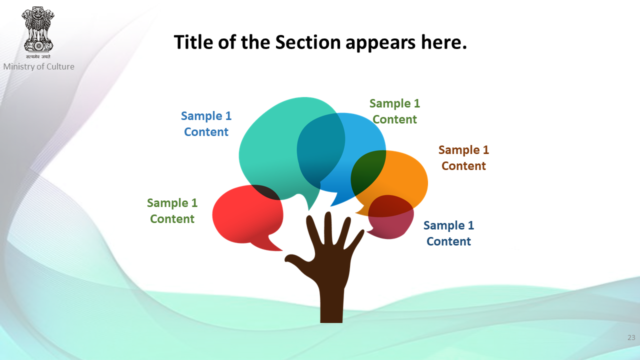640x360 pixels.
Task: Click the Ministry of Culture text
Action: (x=39, y=66)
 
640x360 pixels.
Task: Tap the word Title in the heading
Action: (x=193, y=42)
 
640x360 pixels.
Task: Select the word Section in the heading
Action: (x=308, y=42)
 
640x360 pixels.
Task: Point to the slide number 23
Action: (x=631, y=337)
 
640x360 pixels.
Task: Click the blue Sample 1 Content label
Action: (x=206, y=123)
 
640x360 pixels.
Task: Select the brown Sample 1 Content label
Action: (x=463, y=157)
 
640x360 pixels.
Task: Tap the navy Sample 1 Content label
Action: (x=448, y=233)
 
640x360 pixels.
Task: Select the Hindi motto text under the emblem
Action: (x=38, y=56)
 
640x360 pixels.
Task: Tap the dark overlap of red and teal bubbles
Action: (x=265, y=191)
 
